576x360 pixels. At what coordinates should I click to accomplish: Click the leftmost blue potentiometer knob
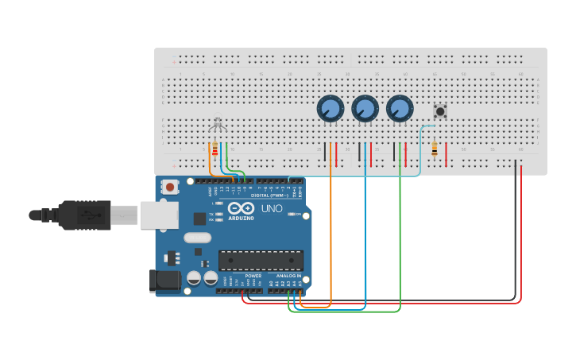point(330,107)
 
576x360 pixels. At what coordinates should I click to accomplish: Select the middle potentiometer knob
point(365,107)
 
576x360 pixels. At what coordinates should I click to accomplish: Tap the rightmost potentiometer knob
point(400,107)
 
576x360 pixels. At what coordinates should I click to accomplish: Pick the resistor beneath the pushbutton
point(434,149)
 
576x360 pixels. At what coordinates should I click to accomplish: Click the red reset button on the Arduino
point(169,188)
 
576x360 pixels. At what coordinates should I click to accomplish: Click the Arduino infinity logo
point(240,210)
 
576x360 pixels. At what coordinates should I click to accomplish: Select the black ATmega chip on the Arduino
point(261,260)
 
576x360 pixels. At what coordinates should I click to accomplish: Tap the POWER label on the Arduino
point(253,276)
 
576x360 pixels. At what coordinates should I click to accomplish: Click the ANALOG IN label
point(288,276)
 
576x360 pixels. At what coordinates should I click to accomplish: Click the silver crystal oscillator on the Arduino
point(197,237)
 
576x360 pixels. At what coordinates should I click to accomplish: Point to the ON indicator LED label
point(299,215)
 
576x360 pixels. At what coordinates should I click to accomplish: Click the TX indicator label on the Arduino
point(211,215)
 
